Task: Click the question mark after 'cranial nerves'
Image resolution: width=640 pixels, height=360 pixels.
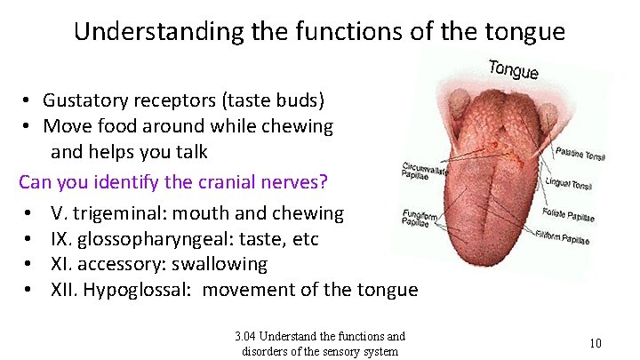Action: click(x=324, y=182)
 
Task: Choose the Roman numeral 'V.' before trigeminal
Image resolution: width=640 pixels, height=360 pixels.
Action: click(x=60, y=213)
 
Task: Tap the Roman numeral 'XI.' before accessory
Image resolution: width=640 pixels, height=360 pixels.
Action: click(x=64, y=264)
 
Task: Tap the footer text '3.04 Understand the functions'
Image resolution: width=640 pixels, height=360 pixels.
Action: click(x=320, y=336)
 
